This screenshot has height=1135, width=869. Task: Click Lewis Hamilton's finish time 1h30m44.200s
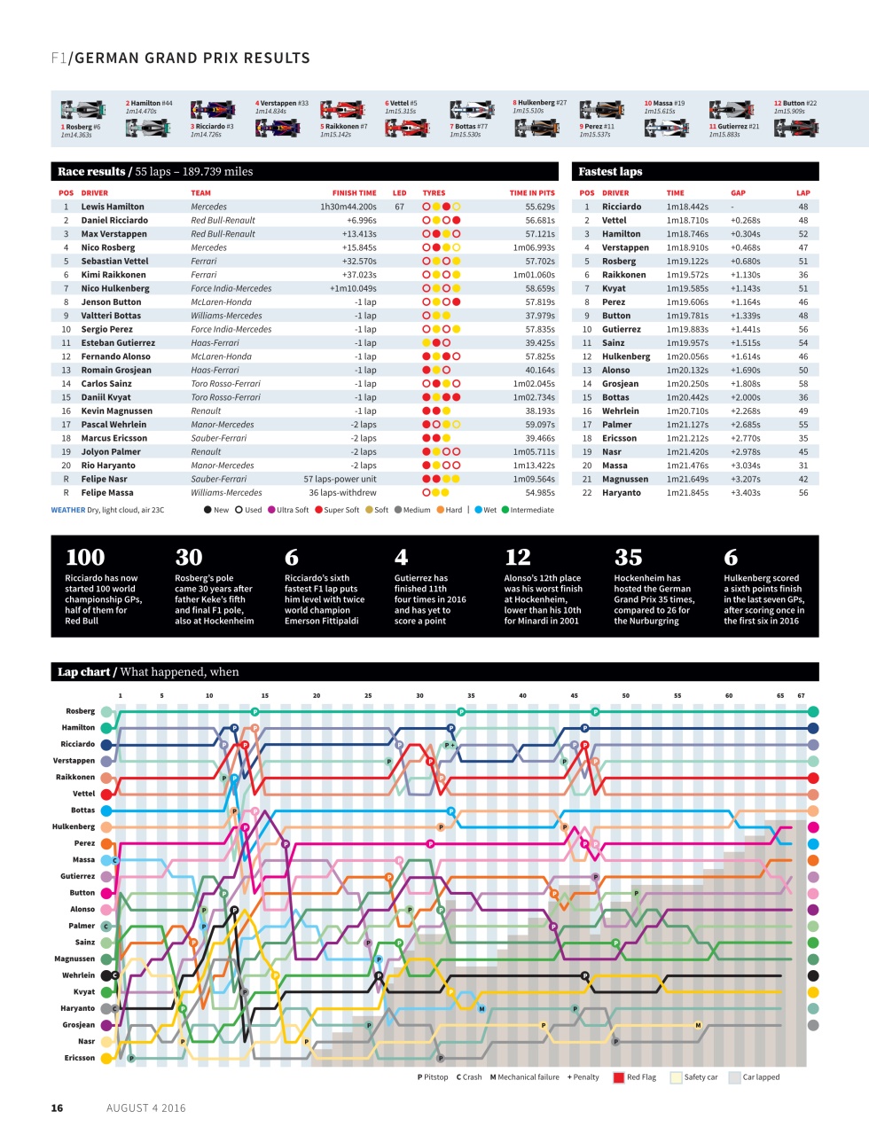348,207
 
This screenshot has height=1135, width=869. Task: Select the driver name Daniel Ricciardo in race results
114,220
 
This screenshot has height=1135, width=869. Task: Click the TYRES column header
434,192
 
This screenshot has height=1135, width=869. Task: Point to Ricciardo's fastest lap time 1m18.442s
687,207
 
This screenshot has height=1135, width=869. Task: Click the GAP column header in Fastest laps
738,192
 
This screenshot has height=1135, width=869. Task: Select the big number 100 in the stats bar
85,558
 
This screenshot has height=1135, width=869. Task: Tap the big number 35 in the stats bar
628,558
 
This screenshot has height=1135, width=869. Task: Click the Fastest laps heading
610,171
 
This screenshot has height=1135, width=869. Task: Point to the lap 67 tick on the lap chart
801,696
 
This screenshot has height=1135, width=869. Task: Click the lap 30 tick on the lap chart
419,696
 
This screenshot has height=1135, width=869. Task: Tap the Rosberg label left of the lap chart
80,711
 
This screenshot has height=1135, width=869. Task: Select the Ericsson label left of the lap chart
80,1058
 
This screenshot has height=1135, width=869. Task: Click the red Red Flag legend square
619,1077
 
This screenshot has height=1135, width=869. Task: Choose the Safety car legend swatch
677,1077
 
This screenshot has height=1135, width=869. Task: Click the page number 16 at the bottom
57,1108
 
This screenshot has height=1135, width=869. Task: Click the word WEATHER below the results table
68,510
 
